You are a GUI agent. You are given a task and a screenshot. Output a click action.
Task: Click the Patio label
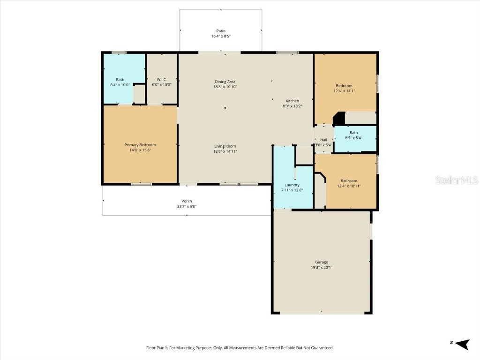coord(221,30)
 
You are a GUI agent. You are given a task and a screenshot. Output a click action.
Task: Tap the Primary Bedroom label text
coord(140,145)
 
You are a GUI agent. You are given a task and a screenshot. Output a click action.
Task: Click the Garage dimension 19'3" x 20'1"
coord(322,267)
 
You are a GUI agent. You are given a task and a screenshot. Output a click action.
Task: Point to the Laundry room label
coord(292,185)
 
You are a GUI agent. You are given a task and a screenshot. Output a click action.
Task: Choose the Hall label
coord(323,140)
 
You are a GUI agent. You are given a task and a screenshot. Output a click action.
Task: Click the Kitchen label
coord(292,101)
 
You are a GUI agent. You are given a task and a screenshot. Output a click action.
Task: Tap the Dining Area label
coord(225,82)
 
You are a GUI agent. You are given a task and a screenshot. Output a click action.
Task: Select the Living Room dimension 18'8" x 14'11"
coord(225,151)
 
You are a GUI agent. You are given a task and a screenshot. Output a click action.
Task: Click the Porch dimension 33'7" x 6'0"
coord(187,206)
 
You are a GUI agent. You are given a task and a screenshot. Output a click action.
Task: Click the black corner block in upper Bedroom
coord(339,119)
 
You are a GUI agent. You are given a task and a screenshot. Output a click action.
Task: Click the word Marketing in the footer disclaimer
coord(187,348)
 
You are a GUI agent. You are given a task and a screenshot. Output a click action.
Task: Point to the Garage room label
coord(322,262)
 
